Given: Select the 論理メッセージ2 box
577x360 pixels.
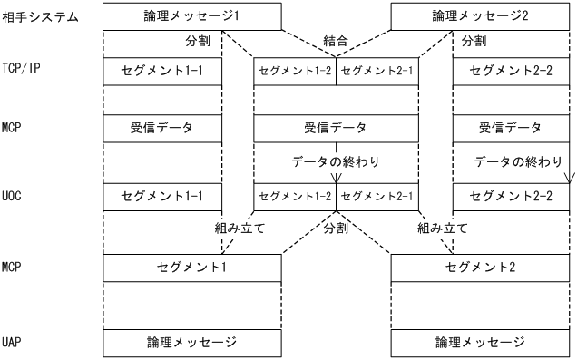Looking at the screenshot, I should tap(480, 16).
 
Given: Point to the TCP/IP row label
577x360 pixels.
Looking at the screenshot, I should tap(22, 70).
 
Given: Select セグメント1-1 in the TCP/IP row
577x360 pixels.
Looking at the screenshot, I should tap(162, 70).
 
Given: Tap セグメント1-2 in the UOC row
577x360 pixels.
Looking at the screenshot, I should tap(295, 196).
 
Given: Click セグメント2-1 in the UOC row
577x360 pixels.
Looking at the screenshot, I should tap(377, 196).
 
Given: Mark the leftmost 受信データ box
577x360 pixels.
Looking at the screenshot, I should tap(162, 128).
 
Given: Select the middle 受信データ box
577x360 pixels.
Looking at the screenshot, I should tap(337, 128).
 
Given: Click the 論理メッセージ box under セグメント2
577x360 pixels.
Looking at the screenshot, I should tap(480, 343).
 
